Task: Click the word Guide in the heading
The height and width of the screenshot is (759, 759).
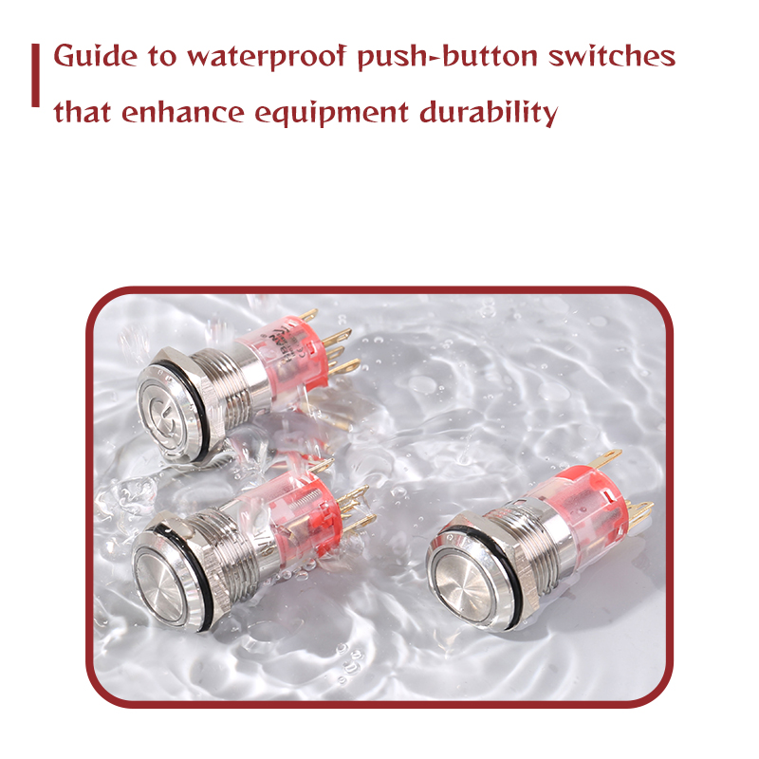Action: click(96, 56)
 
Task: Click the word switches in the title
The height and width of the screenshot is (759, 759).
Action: click(612, 56)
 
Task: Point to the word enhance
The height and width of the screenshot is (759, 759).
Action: click(183, 112)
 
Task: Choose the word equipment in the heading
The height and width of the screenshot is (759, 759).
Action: click(331, 114)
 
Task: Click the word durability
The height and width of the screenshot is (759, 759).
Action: click(489, 113)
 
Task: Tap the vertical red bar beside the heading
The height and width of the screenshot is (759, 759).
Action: click(35, 75)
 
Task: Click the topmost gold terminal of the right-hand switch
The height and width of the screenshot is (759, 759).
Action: click(605, 458)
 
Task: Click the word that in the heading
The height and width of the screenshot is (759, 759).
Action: click(83, 112)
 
